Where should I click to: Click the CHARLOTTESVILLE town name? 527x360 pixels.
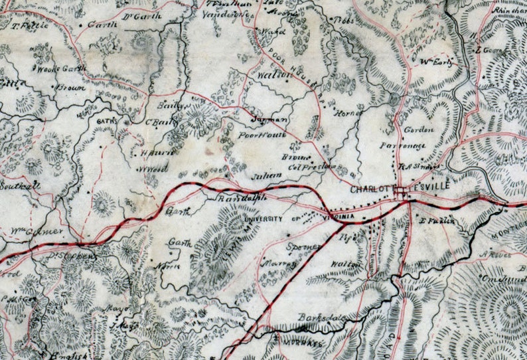[x=400, y=189]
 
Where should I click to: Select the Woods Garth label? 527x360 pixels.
[x=53, y=68]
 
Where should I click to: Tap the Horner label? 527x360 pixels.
[x=346, y=113]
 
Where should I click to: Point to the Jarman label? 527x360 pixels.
[x=269, y=120]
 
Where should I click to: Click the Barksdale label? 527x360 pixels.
[x=321, y=317]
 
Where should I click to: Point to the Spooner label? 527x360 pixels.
[x=303, y=246]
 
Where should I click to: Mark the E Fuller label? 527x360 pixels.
[x=438, y=221]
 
